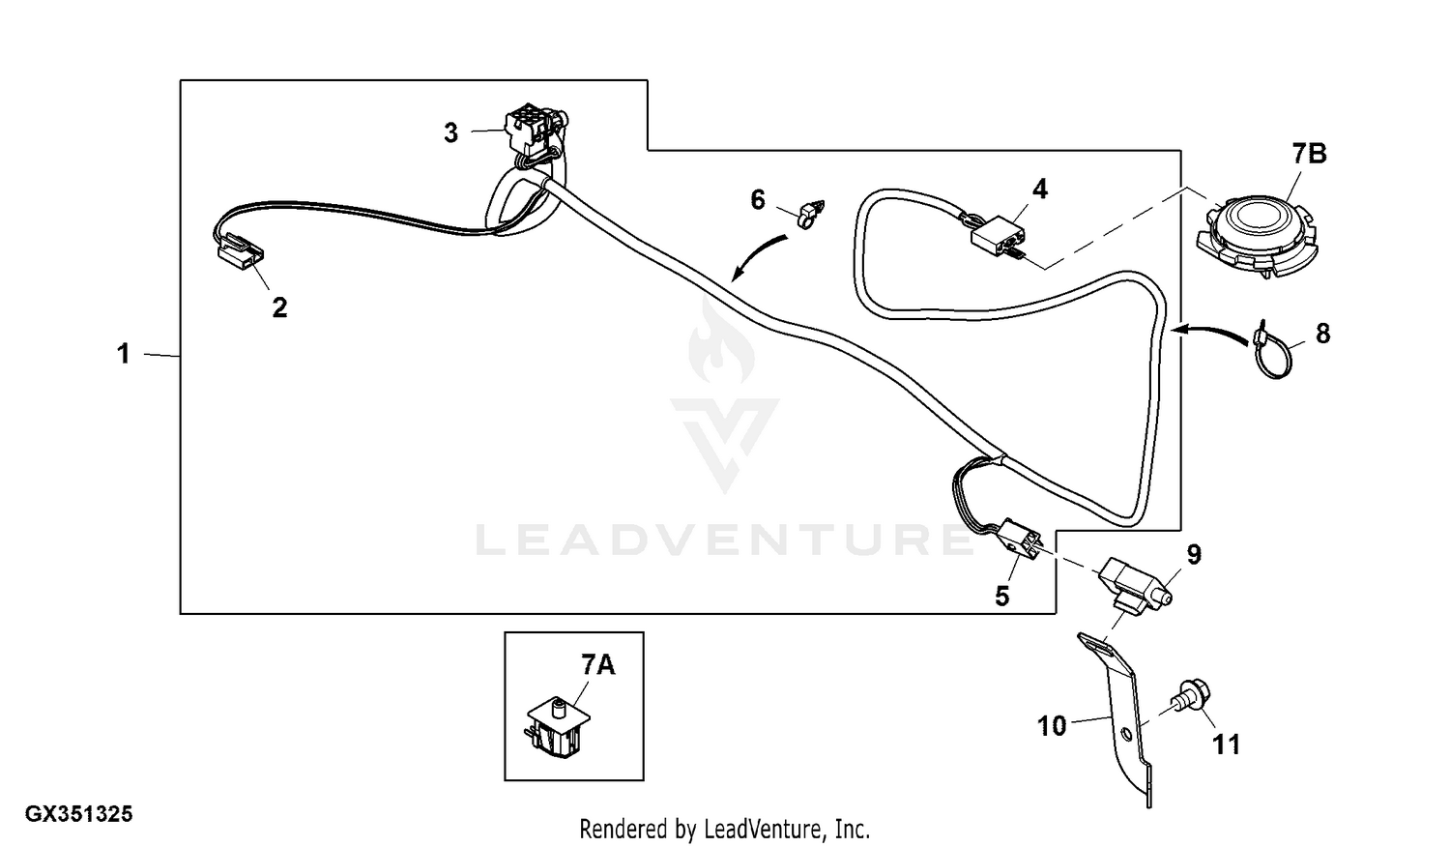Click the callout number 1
coord(123,354)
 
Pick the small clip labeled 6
coord(810,212)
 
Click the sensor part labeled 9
coord(1134,583)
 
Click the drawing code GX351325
coord(78,815)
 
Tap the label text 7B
coord(1309,154)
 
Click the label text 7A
coord(597,665)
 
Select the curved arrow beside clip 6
coord(759,253)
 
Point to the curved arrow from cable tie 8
coord(1211,331)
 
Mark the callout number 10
coord(1052,725)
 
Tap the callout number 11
coord(1226,745)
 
